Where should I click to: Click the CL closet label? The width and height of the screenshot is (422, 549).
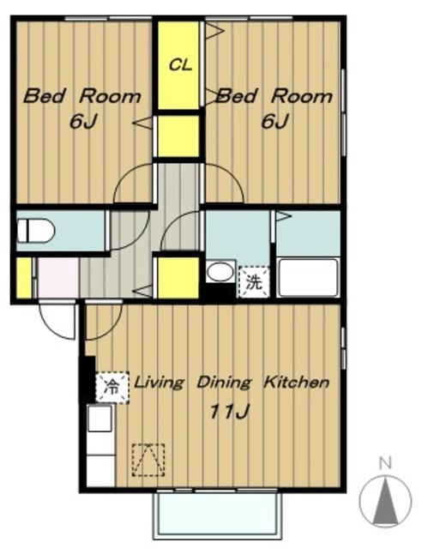(x=180, y=65)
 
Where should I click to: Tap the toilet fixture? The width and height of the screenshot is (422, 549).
(x=36, y=231)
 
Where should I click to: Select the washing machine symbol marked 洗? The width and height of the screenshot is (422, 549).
(x=254, y=281)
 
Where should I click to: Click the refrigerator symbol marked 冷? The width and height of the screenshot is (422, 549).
(x=112, y=388)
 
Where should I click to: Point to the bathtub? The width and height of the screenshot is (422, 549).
(x=308, y=278)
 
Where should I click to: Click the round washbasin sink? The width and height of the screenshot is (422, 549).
(x=220, y=271)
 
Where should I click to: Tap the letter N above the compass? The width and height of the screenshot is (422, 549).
(x=386, y=463)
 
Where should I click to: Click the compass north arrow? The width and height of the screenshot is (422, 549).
(x=386, y=501)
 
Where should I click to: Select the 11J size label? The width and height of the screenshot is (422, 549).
(x=229, y=412)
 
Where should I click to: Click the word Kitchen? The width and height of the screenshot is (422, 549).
(x=296, y=382)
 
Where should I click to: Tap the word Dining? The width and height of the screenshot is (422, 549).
(x=224, y=383)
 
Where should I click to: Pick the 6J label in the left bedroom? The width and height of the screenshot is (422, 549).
(x=83, y=122)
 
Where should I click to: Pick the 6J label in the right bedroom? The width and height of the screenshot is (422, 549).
(x=274, y=122)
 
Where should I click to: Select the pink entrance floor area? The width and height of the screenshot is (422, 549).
(x=58, y=278)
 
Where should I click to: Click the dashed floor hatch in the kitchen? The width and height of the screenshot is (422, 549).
(x=148, y=460)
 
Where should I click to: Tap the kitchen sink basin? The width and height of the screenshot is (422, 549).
(x=99, y=419)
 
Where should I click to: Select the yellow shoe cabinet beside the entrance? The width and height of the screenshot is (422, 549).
(x=24, y=278)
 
